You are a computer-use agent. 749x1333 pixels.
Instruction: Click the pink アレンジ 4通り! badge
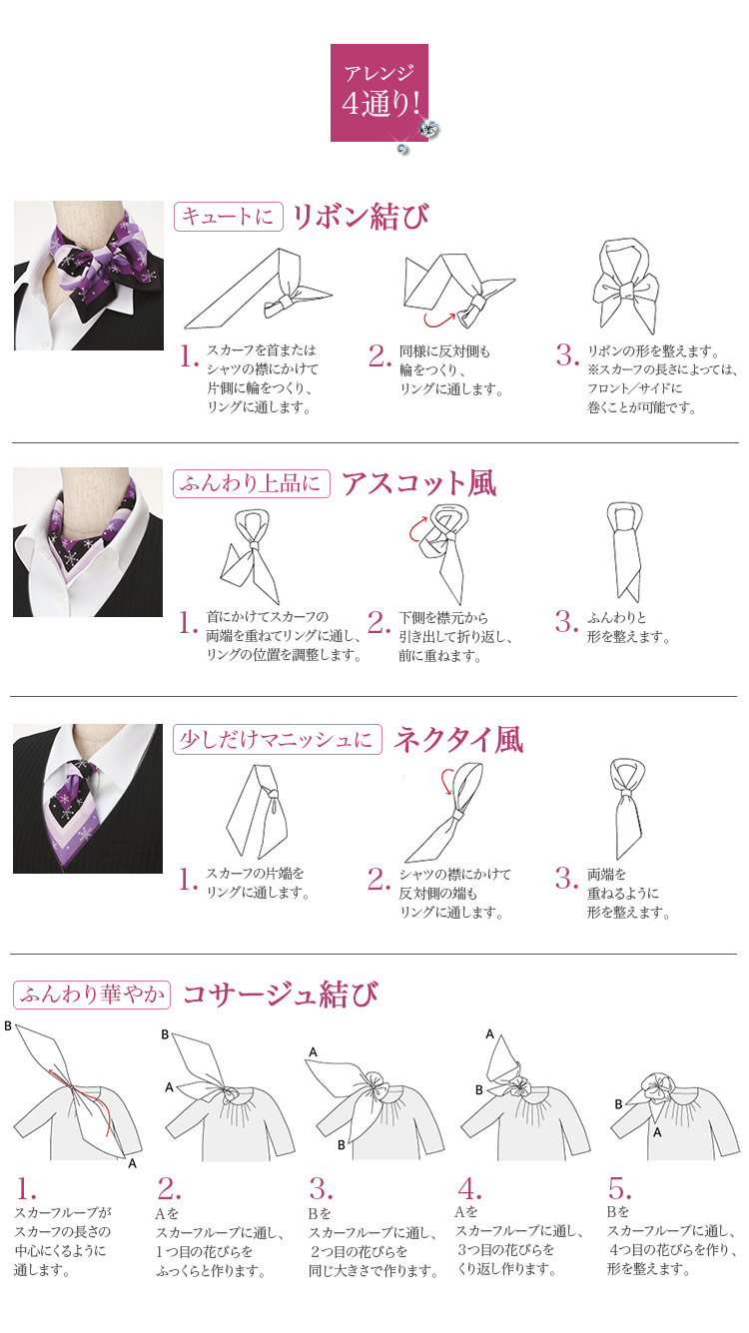coord(379,93)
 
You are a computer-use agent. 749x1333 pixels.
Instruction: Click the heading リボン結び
coord(361,216)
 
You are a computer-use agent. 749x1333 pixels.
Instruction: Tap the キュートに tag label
coord(228,217)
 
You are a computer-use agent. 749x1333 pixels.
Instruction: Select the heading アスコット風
coord(419,482)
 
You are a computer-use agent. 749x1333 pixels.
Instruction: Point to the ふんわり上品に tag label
coord(252,483)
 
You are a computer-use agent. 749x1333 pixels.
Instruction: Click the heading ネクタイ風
coord(458,740)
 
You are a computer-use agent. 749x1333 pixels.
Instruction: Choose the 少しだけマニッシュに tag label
coord(278,740)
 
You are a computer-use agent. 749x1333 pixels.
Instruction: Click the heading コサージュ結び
coord(280,995)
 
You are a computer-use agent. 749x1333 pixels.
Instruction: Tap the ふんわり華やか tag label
coord(92,995)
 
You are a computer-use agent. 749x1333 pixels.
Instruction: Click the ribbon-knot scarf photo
coord(89,276)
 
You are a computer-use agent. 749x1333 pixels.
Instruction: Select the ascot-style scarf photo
coord(88,542)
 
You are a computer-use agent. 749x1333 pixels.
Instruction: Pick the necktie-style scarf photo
coord(88,799)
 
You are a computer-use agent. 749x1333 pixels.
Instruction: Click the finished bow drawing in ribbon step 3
coord(626,287)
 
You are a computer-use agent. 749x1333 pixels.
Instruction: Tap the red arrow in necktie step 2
coord(443,782)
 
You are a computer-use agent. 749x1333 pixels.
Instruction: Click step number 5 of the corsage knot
coord(620,1189)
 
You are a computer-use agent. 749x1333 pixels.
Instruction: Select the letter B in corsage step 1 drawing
coord(8,1025)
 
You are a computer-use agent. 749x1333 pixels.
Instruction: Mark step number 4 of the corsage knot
coord(469,1189)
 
